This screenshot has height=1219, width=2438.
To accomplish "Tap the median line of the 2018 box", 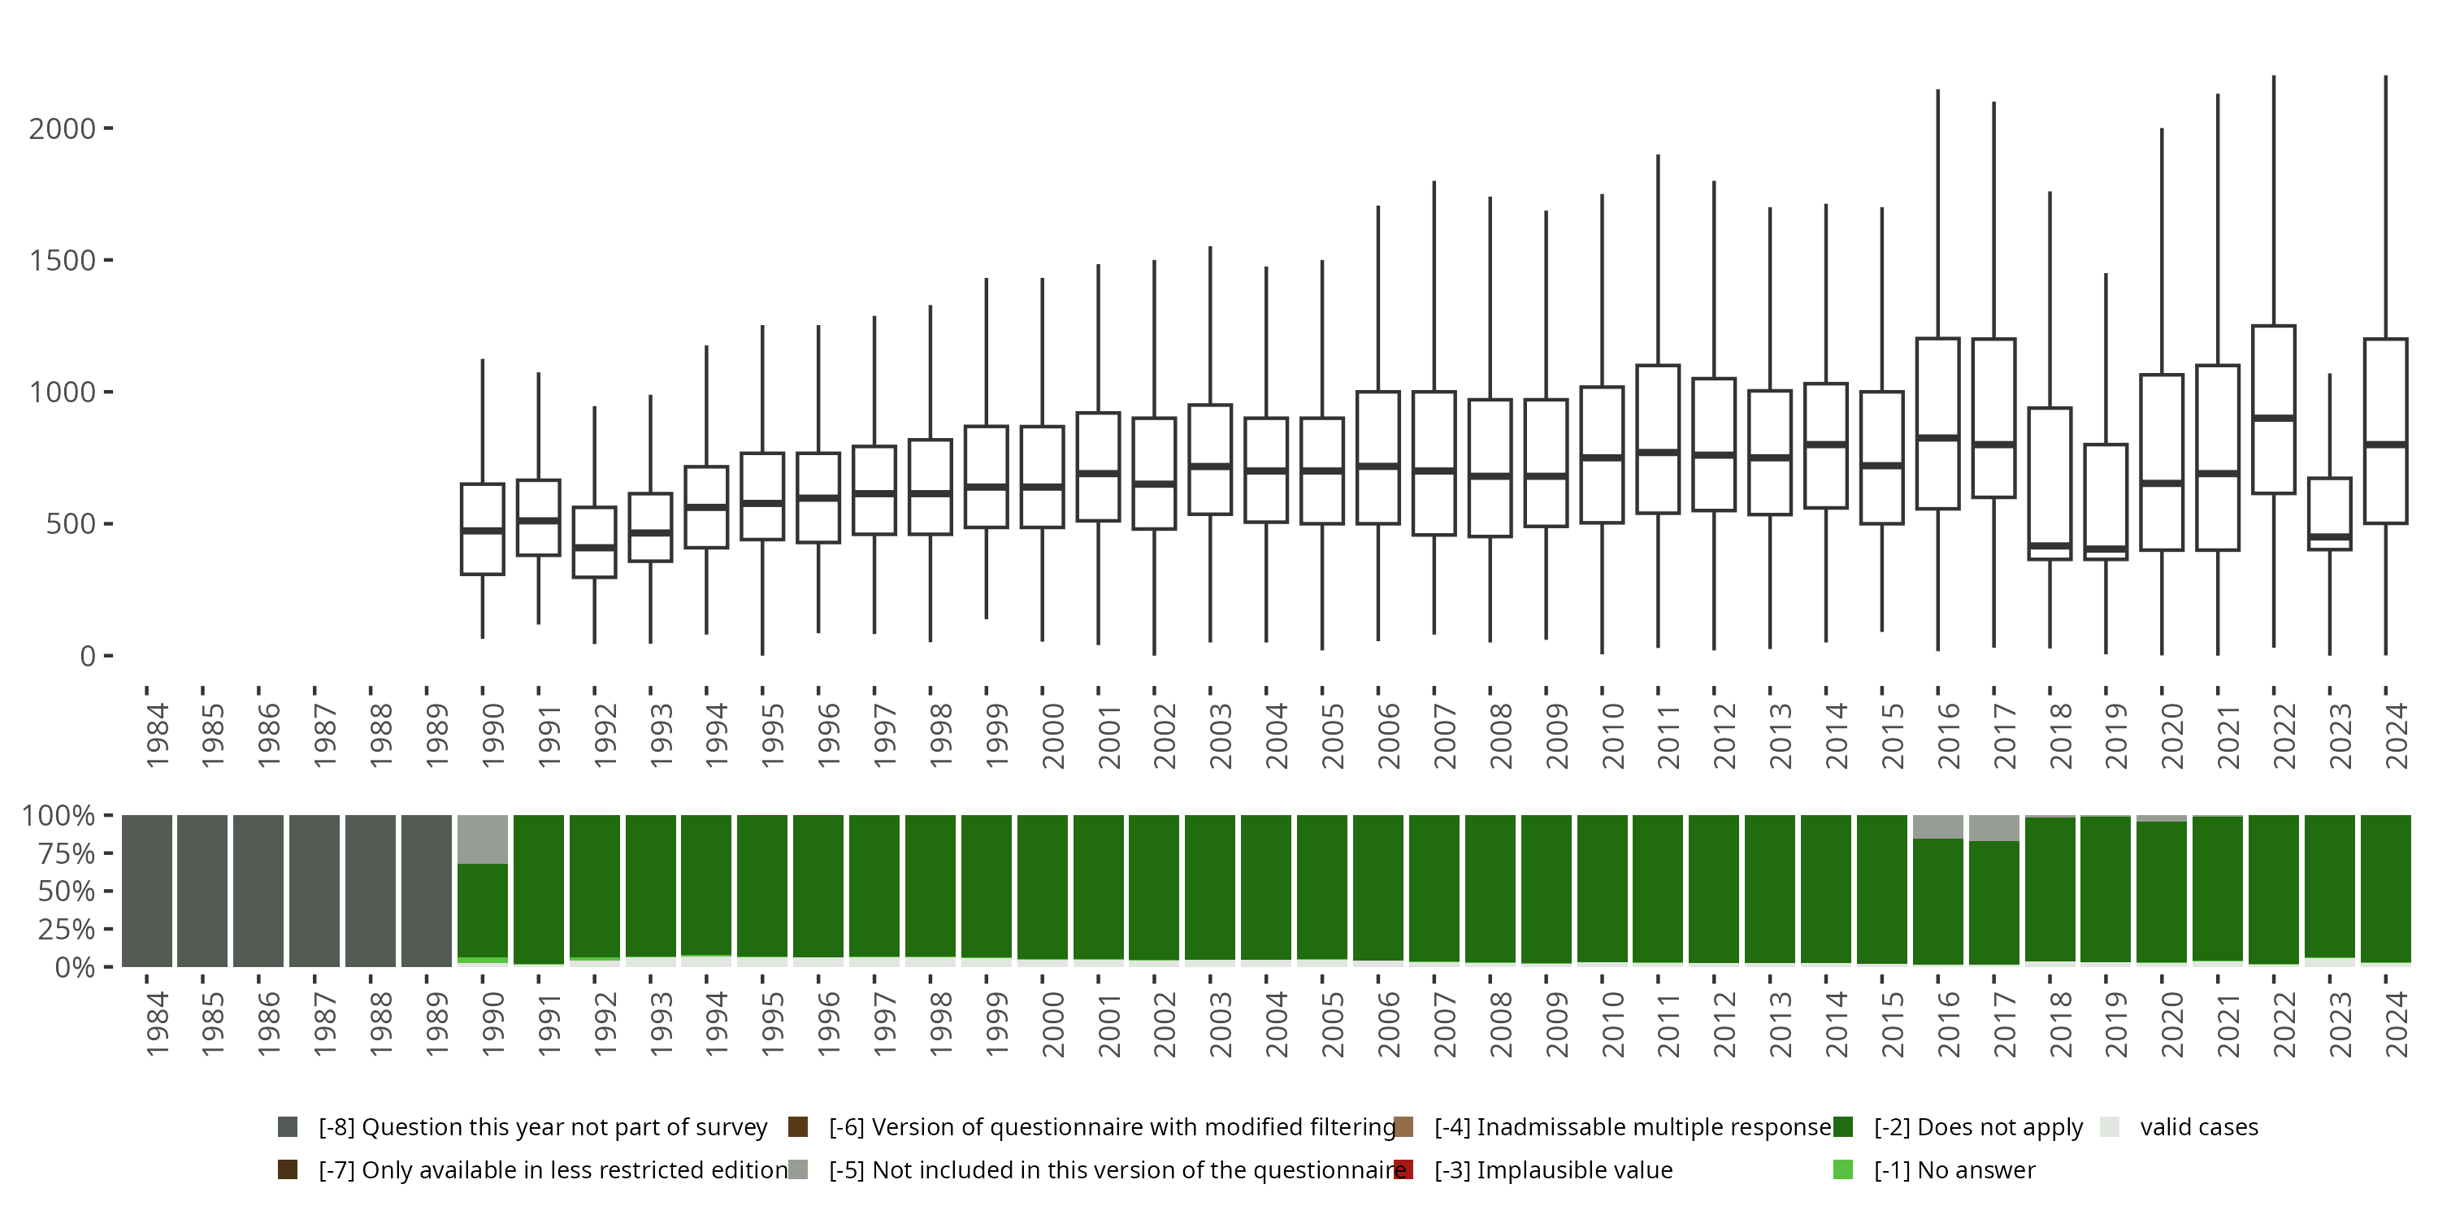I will [x=2050, y=546].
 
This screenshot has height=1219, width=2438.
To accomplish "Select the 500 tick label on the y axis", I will [x=71, y=523].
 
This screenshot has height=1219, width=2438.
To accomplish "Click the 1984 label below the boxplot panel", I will [x=157, y=735].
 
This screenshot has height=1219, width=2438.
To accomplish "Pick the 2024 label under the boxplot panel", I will [x=2397, y=735].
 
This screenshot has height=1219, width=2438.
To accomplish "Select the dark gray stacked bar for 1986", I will [x=258, y=891].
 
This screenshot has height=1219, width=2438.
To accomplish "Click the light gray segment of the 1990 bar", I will [x=483, y=839].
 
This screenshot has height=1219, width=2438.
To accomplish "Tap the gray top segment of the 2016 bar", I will [x=1938, y=826].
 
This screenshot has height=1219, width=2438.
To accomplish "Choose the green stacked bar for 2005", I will [x=1322, y=887].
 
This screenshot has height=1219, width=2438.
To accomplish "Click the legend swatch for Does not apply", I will [x=1842, y=1126].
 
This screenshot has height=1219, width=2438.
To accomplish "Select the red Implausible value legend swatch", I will [x=1403, y=1169].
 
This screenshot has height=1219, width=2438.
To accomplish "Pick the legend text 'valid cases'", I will [x=2198, y=1126].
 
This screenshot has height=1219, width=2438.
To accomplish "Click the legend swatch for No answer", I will [x=1842, y=1169].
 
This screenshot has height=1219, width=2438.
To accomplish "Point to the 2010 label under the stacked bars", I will [x=1612, y=1024].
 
